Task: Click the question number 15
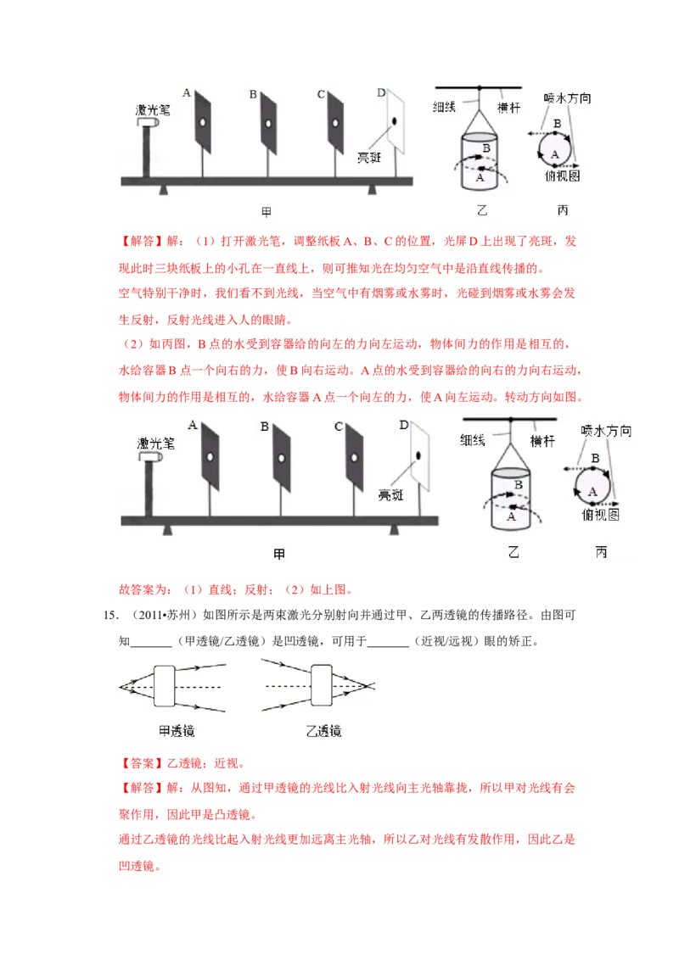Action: (x=110, y=616)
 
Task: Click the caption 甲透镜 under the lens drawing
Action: (x=177, y=731)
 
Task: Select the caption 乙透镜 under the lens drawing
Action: (x=323, y=731)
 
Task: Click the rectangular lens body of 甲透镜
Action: (x=165, y=686)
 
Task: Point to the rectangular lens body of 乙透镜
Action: (x=322, y=686)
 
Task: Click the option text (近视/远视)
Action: (x=444, y=642)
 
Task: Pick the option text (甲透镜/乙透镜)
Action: (x=222, y=642)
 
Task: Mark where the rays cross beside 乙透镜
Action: (x=365, y=686)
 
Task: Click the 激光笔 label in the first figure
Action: (x=153, y=110)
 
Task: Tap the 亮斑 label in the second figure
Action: (x=391, y=495)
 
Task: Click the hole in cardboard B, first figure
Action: (x=268, y=124)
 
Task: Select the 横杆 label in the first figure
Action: (x=508, y=109)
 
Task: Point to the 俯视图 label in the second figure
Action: (x=601, y=516)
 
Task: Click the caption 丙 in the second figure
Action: (x=601, y=553)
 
